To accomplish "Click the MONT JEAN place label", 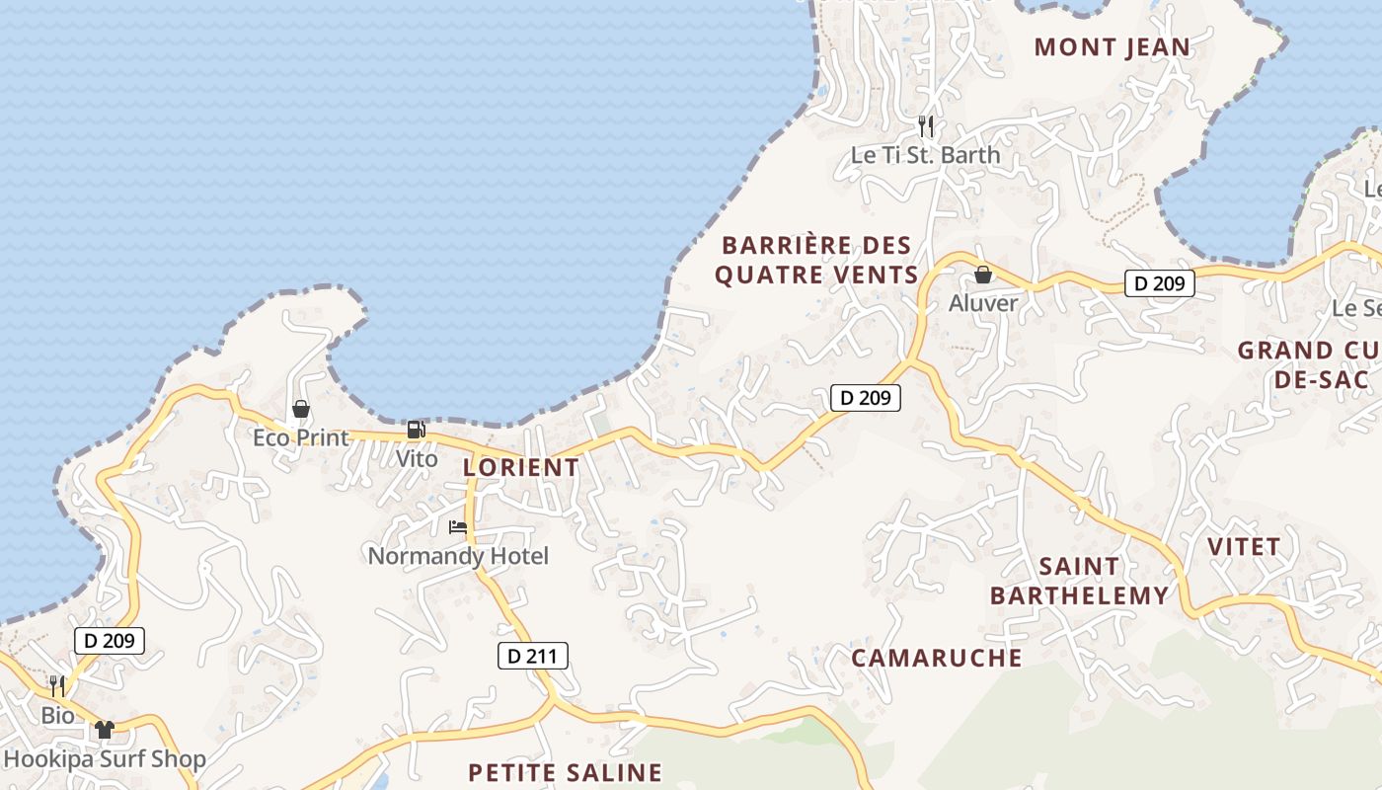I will coord(1113,47).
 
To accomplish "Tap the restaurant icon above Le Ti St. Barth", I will coord(926,126).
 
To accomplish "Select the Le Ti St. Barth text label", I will coord(925,155).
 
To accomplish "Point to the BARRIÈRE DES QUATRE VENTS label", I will coord(816,260).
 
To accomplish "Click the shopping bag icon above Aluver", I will coord(983,275).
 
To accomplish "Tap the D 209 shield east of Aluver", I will coord(1159,284).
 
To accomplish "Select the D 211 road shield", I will coord(532,656).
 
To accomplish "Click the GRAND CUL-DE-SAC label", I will coord(1308,364).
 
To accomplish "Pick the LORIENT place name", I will coord(521,467).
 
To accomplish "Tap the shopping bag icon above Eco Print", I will coord(301,409).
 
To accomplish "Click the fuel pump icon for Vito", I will coord(416,431).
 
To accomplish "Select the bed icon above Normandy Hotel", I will coord(458,527).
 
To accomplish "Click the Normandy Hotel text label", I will coord(458,556).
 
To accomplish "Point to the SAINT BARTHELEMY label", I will coord(1079,581).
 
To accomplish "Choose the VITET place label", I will coord(1244,546).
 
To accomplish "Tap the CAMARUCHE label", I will coord(936,658).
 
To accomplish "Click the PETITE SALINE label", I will coord(565,772).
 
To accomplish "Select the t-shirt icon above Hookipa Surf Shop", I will coord(105,730).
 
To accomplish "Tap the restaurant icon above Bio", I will coord(57,685).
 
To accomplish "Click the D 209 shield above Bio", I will coord(110,641).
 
